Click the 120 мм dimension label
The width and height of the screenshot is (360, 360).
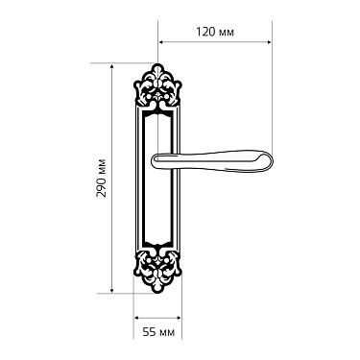point(215,31)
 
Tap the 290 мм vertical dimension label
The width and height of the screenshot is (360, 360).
point(100,178)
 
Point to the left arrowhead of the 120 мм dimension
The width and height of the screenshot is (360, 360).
point(161,42)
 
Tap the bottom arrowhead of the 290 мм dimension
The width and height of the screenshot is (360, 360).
point(115,289)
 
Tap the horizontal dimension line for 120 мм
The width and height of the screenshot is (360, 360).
point(214,42)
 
